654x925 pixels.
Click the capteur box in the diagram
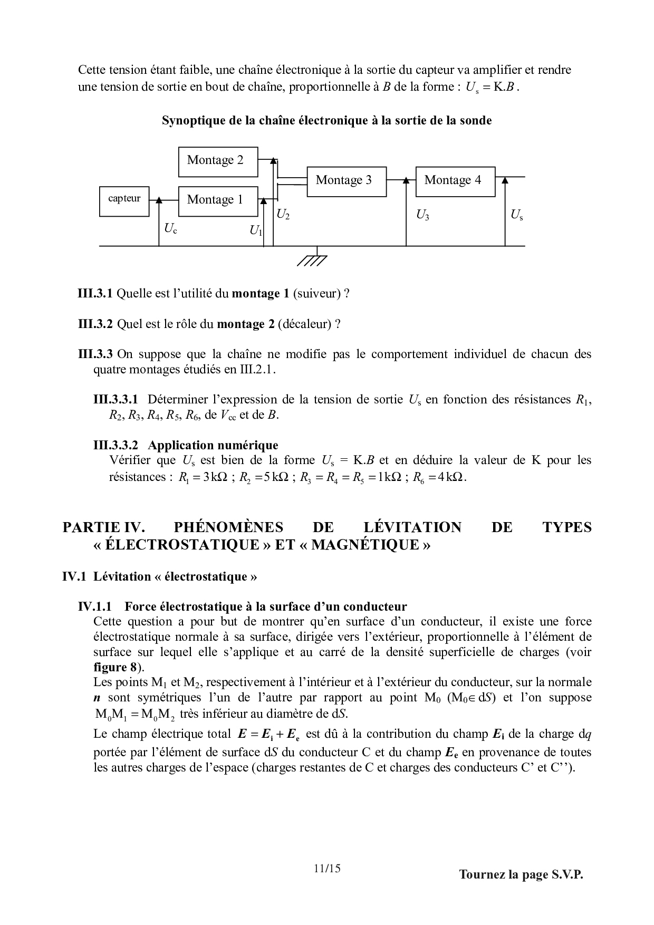coord(124,201)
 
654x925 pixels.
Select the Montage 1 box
coord(218,201)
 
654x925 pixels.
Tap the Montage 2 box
coord(218,161)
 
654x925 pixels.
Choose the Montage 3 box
coord(346,181)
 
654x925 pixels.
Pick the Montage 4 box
coord(455,181)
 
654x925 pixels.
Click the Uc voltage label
coord(170,229)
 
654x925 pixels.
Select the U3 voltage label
coord(422,215)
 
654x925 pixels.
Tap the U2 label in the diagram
coord(283,215)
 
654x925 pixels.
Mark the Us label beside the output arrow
coord(516,215)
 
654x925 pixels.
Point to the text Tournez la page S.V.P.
coord(521,874)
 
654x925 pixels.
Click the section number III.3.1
coord(95,294)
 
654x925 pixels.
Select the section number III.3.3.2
coord(116,445)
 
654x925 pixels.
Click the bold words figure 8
coord(115,667)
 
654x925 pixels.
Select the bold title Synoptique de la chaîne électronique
coord(326,121)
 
